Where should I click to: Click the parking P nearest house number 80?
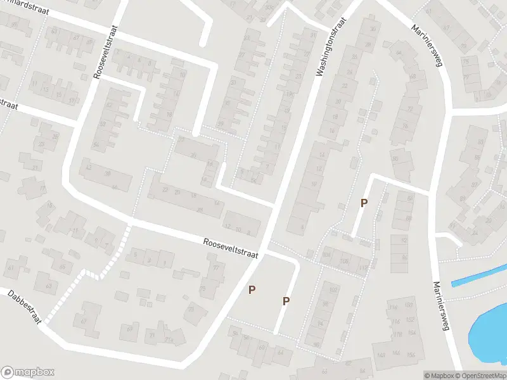pos(364,203)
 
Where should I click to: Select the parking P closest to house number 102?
pos(286,301)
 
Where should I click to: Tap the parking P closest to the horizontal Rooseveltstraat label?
pos(252,289)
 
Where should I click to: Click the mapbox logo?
pos(27,372)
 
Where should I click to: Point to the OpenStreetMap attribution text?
pos(480,375)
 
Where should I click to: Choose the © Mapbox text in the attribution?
pos(439,375)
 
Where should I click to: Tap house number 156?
pos(411,354)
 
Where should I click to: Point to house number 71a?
pos(169,340)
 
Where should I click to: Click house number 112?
pos(363,268)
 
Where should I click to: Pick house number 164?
pos(412,332)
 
